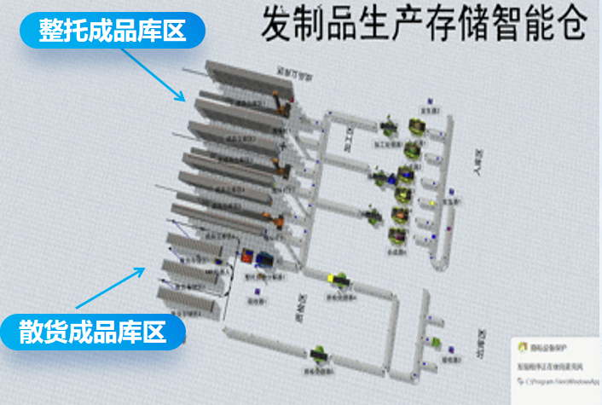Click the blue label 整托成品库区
pyautogui.click(x=112, y=32)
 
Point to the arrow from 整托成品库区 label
pyautogui.click(x=153, y=73)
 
